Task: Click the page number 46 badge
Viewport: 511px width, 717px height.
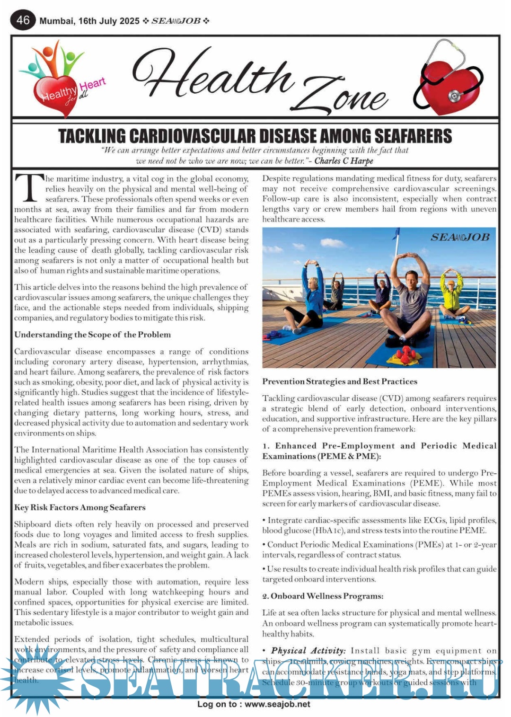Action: (23, 20)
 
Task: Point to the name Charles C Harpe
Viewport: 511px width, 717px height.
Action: (344, 161)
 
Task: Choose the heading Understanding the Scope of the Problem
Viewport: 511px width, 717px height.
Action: (92, 335)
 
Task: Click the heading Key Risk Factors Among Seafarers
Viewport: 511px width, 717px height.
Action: (79, 507)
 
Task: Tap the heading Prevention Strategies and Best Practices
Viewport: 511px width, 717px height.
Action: (340, 381)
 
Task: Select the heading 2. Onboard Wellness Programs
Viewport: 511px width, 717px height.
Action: (323, 596)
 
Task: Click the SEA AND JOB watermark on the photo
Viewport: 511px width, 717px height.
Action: (459, 237)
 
